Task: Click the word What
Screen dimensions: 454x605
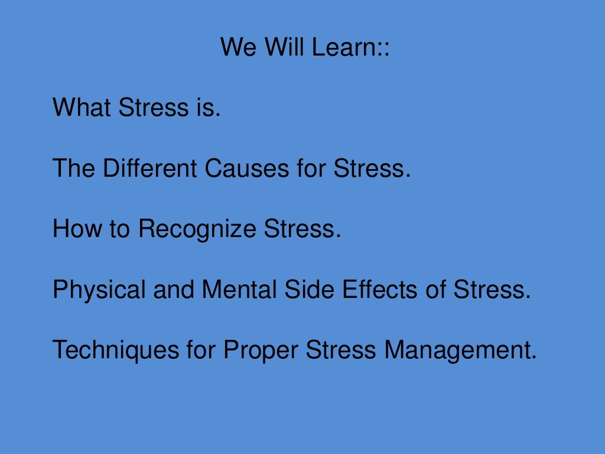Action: (83, 108)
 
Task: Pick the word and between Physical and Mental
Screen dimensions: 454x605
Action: (174, 290)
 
